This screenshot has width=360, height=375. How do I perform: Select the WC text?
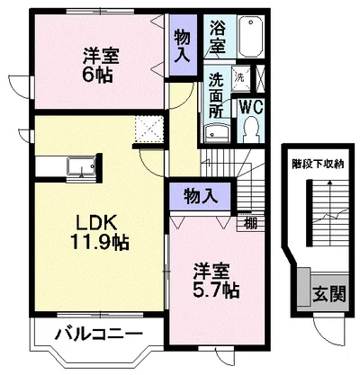tap(249, 104)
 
